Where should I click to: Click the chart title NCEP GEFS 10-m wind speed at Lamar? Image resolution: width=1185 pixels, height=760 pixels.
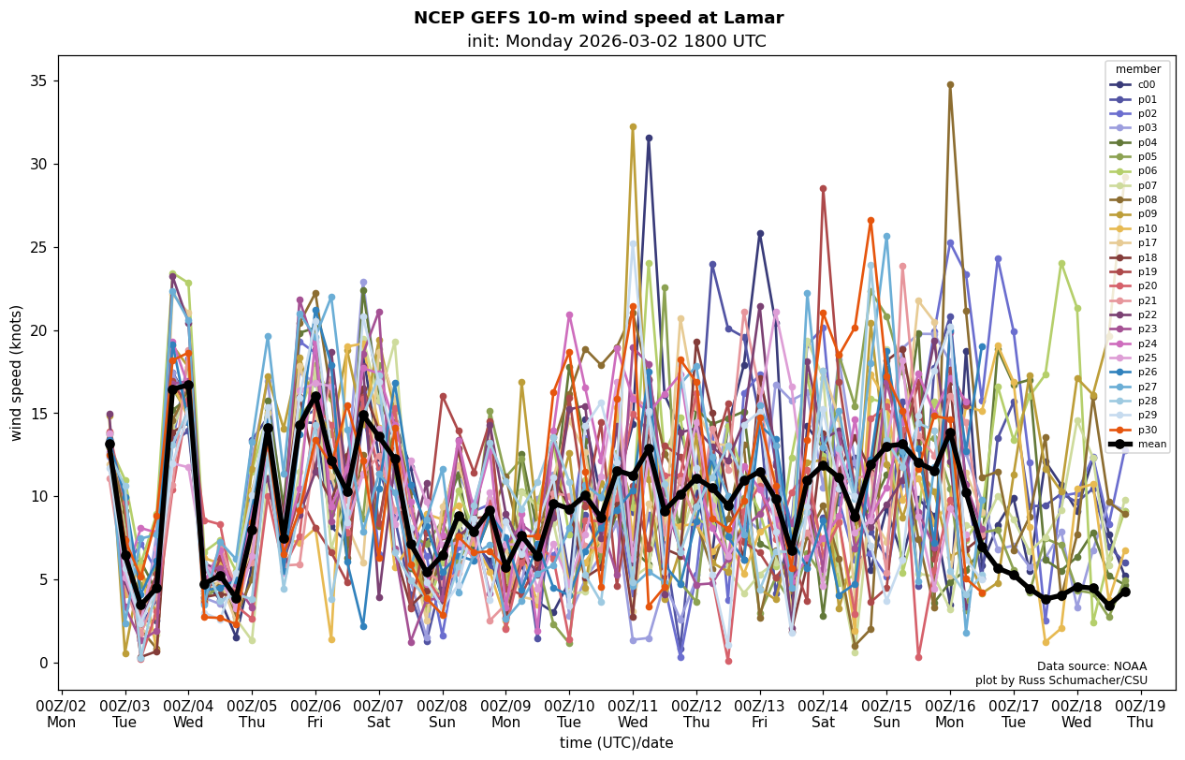point(598,18)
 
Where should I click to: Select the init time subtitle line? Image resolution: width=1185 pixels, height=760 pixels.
point(616,41)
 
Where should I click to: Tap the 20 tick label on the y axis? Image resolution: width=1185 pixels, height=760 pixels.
point(37,330)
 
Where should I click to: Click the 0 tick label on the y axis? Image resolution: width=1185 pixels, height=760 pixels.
point(42,663)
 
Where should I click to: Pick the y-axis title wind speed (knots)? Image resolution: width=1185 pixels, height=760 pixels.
point(16,373)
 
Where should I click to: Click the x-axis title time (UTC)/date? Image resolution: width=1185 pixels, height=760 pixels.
point(616,742)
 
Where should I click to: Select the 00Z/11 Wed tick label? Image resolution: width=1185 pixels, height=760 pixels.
point(633,714)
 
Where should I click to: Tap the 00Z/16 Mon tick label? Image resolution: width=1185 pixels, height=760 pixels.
point(950,714)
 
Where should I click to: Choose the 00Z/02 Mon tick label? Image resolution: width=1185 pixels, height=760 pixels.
point(62,714)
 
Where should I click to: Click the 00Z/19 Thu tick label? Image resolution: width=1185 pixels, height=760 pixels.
point(1140,714)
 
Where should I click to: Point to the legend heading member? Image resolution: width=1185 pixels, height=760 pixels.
point(1137,69)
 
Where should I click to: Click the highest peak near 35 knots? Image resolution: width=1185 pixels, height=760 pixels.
point(950,84)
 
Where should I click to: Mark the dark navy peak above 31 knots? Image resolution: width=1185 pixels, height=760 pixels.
point(649,138)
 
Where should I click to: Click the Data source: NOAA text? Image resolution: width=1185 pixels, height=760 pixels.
point(1091,666)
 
